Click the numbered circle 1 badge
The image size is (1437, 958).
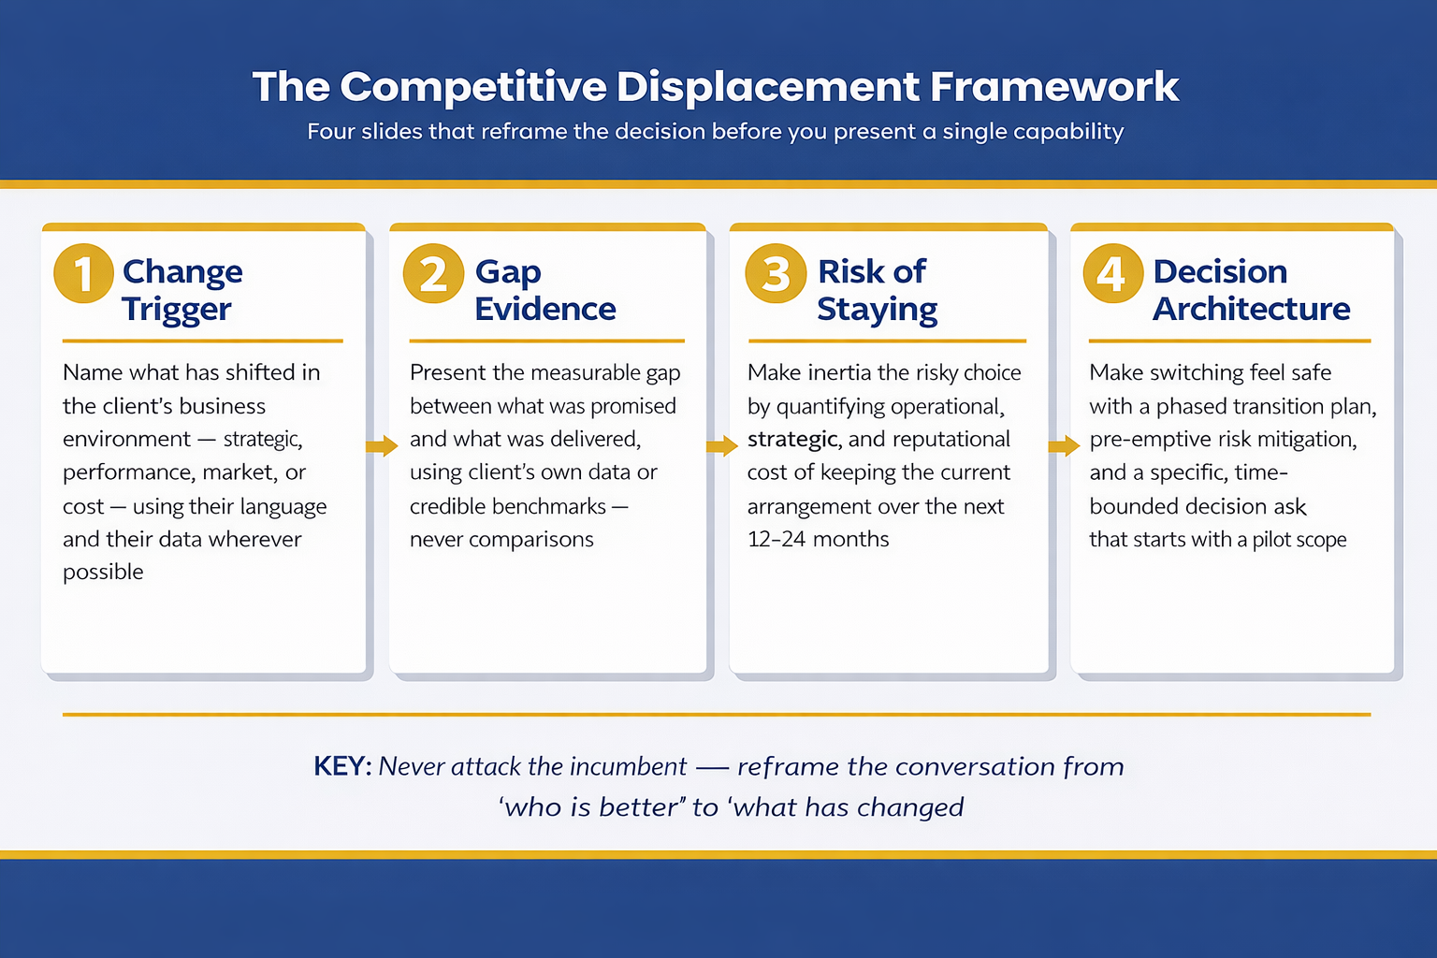click(x=83, y=273)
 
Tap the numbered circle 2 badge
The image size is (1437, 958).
click(x=433, y=273)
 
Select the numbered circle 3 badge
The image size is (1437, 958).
click(x=776, y=273)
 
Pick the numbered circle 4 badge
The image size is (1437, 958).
click(x=1112, y=273)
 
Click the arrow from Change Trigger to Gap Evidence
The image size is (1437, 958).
click(x=381, y=446)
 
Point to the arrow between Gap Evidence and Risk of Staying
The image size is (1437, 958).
click(x=721, y=446)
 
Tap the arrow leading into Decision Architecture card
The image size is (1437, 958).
click(x=1064, y=446)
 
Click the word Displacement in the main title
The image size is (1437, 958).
click(x=767, y=87)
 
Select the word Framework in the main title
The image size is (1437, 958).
click(x=1054, y=87)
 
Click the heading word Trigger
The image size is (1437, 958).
click(x=176, y=310)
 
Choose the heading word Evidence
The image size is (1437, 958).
click(x=545, y=310)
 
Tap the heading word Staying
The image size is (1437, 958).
click(x=877, y=310)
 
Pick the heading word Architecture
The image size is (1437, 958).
click(x=1251, y=310)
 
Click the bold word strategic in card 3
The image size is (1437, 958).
click(x=792, y=440)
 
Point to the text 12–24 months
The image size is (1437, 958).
click(x=819, y=539)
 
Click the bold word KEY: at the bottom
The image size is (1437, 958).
click(x=342, y=767)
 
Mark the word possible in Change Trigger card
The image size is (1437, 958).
click(x=103, y=573)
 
